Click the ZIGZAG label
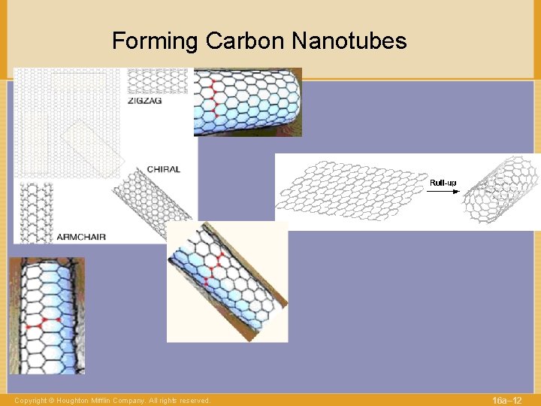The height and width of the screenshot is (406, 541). click(x=144, y=101)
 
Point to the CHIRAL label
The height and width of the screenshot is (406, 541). click(x=163, y=169)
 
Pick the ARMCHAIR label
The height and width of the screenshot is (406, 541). click(x=81, y=237)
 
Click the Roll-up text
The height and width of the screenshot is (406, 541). click(x=443, y=183)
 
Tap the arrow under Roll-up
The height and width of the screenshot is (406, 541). click(x=443, y=192)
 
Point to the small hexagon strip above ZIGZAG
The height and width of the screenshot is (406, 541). click(x=157, y=81)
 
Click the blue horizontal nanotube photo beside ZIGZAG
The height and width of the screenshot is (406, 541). click(x=247, y=101)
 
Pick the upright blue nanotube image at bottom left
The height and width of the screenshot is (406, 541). click(x=47, y=316)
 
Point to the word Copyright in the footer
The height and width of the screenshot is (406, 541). click(x=29, y=401)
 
